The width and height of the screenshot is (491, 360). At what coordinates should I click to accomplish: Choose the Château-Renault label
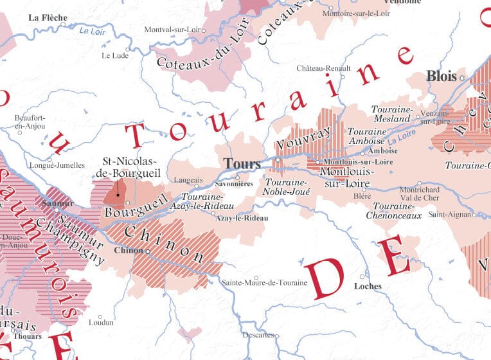323,68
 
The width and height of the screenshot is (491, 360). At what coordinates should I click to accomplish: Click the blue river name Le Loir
91,30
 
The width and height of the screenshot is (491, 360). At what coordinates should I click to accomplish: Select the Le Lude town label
115,55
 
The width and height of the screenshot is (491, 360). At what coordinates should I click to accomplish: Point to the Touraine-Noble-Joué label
287,187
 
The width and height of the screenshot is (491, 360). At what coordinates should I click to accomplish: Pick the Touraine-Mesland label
391,114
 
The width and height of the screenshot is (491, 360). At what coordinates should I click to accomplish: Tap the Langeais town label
190,181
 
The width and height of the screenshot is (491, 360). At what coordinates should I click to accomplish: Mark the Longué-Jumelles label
57,165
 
